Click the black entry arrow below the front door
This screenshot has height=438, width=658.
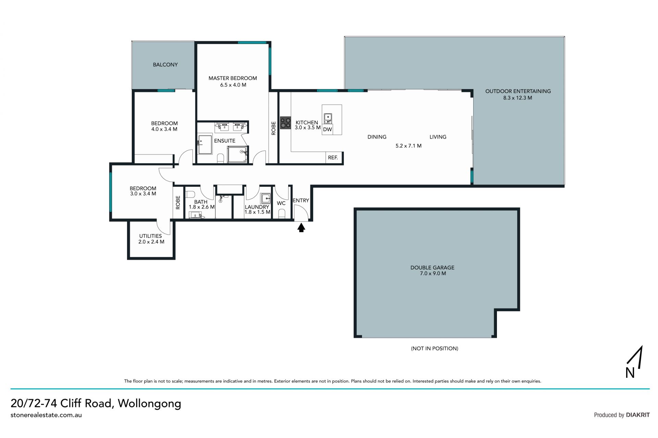(301, 228)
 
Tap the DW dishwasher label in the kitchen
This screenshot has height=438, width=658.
(328, 129)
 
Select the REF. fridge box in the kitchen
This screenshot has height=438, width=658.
(333, 158)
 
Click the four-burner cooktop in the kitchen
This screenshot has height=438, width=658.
(285, 123)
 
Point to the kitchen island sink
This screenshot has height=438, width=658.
(328, 118)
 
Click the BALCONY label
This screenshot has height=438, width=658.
(165, 64)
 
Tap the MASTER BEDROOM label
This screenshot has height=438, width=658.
(233, 78)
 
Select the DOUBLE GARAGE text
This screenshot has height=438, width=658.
(432, 267)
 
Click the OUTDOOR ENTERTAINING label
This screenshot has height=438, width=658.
(518, 91)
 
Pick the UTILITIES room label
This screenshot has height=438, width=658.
(150, 236)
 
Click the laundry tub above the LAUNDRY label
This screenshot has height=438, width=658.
(266, 198)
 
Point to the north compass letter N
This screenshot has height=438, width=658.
(630, 373)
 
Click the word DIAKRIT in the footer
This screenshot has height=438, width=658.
(638, 415)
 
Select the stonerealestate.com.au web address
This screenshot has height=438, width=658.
(46, 415)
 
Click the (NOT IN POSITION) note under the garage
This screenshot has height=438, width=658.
(435, 348)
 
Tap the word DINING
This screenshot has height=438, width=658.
(377, 137)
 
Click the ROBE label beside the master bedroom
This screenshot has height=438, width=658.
(273, 128)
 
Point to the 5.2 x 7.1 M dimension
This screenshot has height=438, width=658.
(409, 146)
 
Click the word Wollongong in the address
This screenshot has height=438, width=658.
(149, 403)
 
